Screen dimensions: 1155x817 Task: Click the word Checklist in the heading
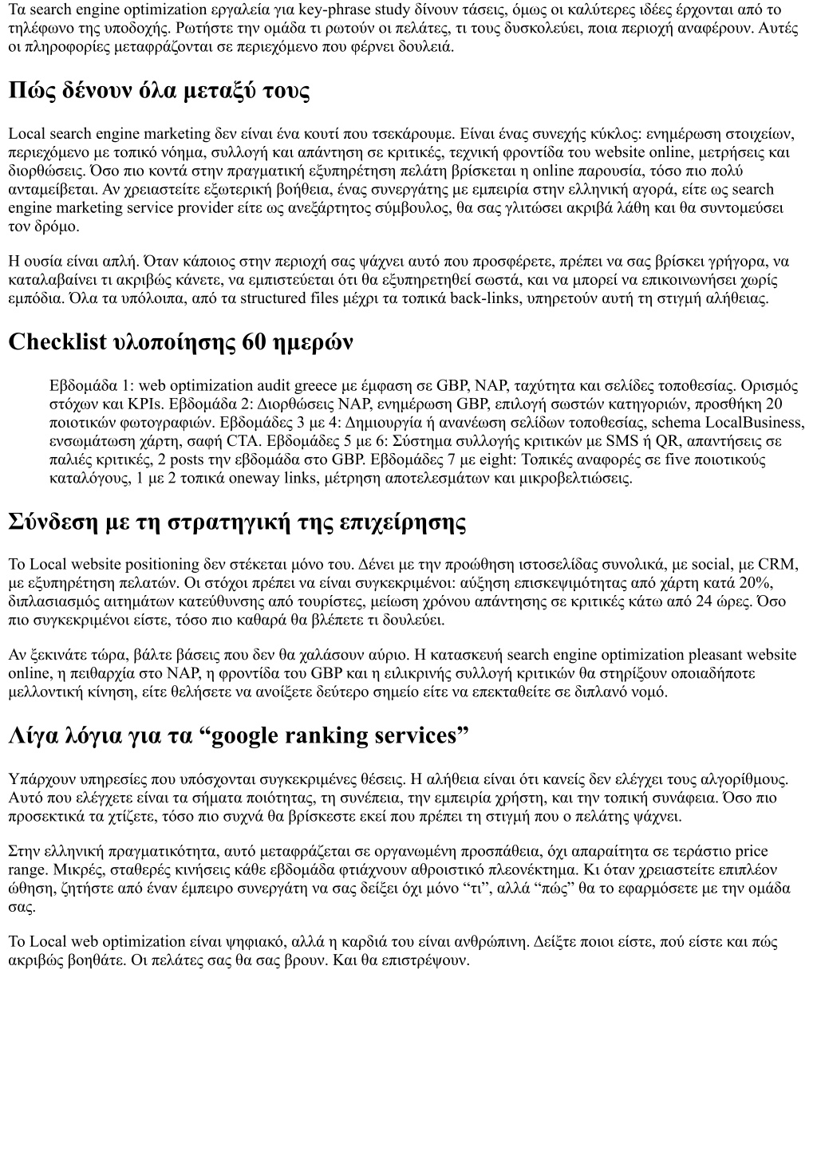click(x=57, y=342)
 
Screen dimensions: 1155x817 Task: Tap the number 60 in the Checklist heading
click(x=254, y=342)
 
